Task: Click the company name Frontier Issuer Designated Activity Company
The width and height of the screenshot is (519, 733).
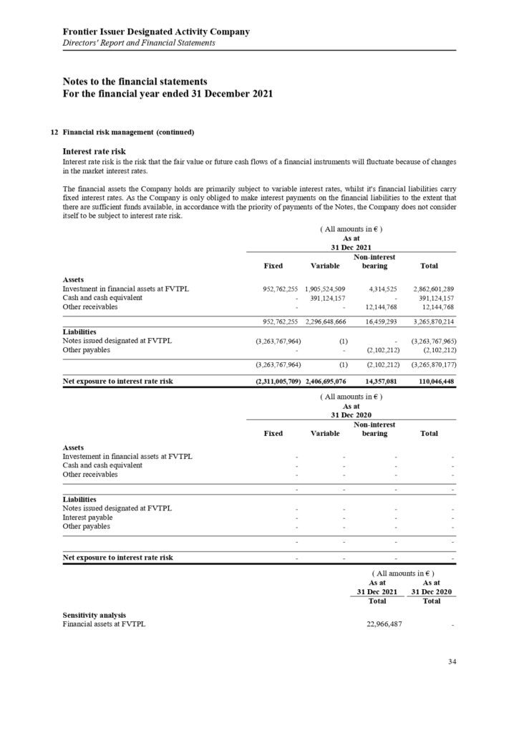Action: point(156,31)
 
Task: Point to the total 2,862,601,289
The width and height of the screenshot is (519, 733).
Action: point(430,288)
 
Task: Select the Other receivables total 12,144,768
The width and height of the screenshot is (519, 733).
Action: point(434,307)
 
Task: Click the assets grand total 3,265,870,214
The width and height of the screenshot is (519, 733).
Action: point(430,322)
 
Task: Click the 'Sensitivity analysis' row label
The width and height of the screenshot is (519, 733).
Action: point(94,615)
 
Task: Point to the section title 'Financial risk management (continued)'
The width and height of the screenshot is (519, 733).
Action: point(128,132)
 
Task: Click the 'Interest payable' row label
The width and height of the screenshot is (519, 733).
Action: point(87,517)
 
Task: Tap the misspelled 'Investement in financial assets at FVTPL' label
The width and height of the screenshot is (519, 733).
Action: point(127,457)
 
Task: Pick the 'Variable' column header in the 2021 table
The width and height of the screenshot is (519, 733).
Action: point(325,266)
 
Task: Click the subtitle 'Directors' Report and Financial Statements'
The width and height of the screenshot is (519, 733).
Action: point(139,43)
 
